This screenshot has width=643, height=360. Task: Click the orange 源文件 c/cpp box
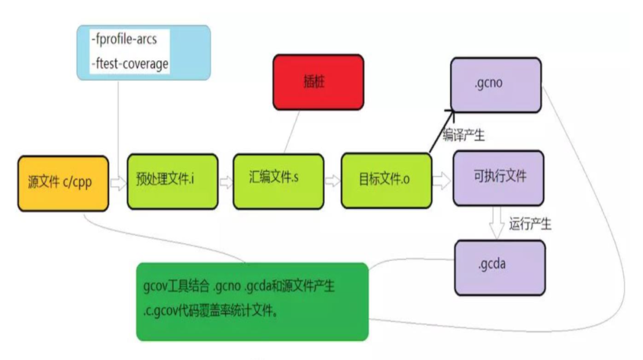pos(63,183)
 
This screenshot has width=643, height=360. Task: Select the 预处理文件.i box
pos(173,181)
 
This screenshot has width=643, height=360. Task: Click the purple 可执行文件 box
pos(498,178)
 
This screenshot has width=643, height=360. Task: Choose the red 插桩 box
pos(318,82)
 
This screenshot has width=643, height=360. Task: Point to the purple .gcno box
pos(495,84)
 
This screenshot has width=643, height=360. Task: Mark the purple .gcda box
pos(500,267)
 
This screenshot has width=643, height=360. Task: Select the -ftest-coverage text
pos(130,63)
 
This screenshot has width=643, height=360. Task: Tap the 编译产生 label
pos(463,136)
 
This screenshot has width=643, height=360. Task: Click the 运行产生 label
pos(530,224)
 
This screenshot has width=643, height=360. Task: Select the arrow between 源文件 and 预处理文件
pos(118,183)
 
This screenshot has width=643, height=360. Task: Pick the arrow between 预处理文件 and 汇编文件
pos(226,182)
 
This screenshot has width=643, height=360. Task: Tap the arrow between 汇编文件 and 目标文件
pos(332,180)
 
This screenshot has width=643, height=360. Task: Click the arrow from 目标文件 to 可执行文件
pos(441,181)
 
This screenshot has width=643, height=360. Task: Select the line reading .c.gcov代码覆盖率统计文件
pos(211,311)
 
